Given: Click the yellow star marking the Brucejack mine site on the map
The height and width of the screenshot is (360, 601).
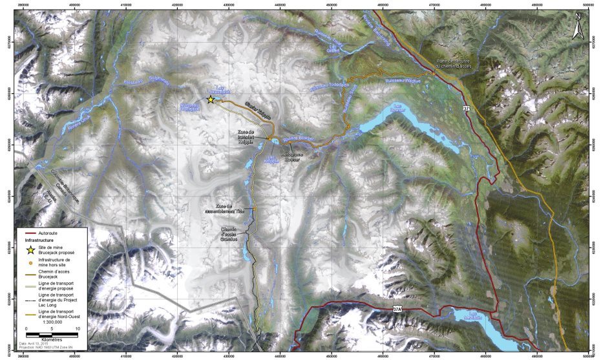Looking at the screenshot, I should click(x=211, y=100).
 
